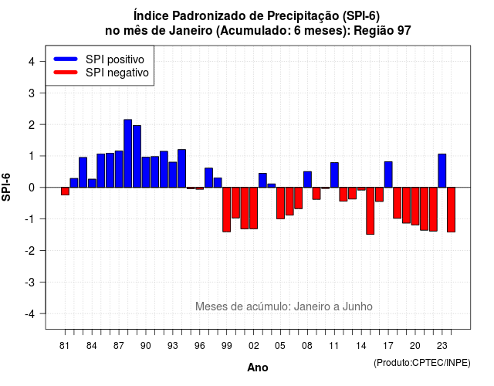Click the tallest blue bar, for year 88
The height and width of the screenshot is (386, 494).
tap(127, 154)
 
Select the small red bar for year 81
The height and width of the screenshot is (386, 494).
tap(65, 191)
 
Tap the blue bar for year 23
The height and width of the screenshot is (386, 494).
tap(442, 171)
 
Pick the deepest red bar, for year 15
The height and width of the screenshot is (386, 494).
tap(370, 211)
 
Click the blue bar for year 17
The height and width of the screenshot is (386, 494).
tap(388, 174)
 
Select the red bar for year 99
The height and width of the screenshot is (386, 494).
tap(226, 209)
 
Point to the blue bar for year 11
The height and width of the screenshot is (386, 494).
tap(334, 175)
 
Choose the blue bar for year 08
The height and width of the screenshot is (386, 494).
tap(307, 180)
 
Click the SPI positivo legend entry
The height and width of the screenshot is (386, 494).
tap(99, 59)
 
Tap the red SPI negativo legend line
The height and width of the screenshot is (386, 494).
tap(66, 73)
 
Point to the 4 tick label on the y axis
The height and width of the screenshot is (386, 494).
tap(32, 62)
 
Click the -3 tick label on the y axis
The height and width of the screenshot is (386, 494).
tap(29, 282)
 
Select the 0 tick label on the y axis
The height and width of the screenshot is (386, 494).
tap(32, 188)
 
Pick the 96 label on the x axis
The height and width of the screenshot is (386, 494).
tap(199, 346)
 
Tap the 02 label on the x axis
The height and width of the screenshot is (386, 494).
tap(253, 346)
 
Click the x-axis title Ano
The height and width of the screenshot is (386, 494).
tap(258, 367)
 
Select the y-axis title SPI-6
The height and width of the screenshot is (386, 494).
tap(6, 187)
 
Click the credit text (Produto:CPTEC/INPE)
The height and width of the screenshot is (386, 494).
tap(422, 363)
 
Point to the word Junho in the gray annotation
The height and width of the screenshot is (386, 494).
tap(357, 306)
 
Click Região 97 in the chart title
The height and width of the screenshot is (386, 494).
tap(383, 31)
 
